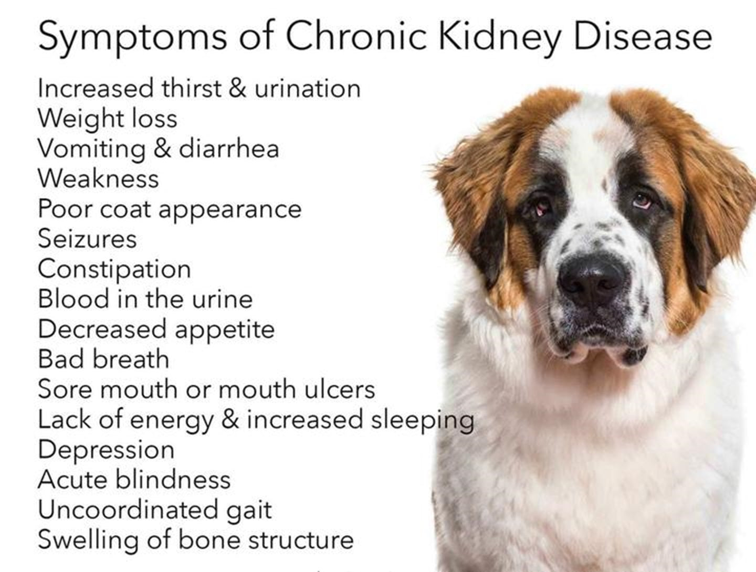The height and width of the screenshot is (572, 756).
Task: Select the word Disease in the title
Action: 643,35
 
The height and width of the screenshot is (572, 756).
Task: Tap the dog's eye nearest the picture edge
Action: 643,200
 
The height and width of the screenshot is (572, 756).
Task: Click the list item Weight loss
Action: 108,119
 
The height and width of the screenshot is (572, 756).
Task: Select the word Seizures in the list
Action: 88,238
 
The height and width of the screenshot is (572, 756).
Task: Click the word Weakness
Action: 99,178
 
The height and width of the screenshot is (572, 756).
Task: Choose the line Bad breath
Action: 103,358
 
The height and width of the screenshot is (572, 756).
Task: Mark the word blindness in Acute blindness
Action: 173,480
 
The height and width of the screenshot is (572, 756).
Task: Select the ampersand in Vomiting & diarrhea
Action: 162,149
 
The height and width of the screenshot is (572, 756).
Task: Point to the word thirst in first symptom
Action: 192,89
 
